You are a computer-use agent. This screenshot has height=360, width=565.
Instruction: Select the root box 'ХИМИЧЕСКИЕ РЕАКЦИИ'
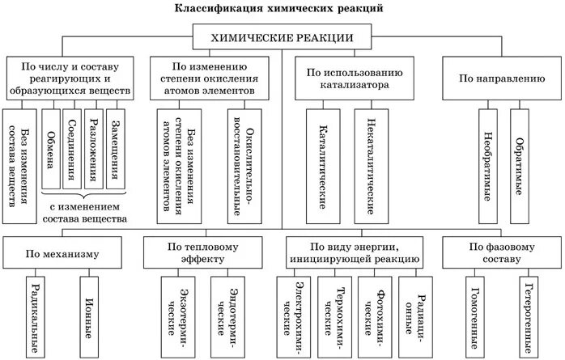pos(282,37)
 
